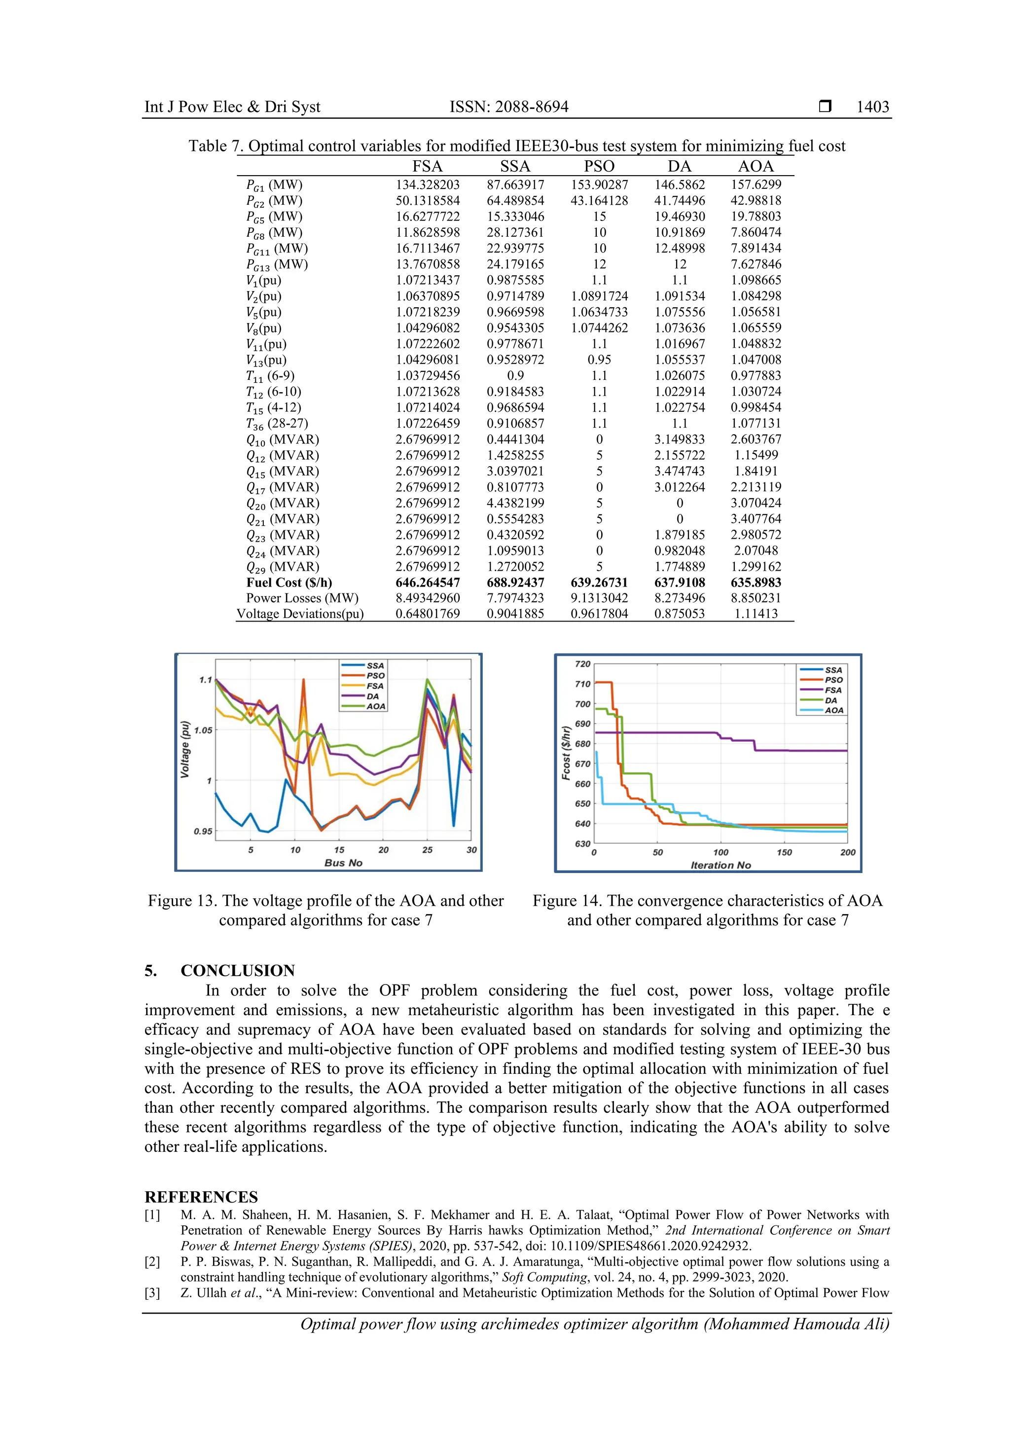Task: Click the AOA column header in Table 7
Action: [756, 166]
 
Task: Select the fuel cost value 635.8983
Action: [756, 583]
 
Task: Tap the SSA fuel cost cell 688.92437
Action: [515, 583]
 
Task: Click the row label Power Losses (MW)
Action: [302, 598]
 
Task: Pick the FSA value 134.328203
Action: [428, 185]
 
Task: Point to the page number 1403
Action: [872, 107]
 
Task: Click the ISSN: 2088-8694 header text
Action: [509, 107]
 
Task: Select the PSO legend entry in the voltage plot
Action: [375, 675]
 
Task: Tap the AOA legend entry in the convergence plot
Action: [834, 710]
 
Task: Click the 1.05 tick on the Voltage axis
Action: [203, 730]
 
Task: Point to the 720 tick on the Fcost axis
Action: [582, 664]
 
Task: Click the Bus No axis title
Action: [343, 863]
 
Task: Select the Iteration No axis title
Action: [721, 865]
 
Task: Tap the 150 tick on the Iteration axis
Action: [784, 852]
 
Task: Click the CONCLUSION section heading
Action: [237, 970]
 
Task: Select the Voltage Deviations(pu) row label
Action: [300, 614]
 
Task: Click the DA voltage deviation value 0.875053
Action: [679, 614]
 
